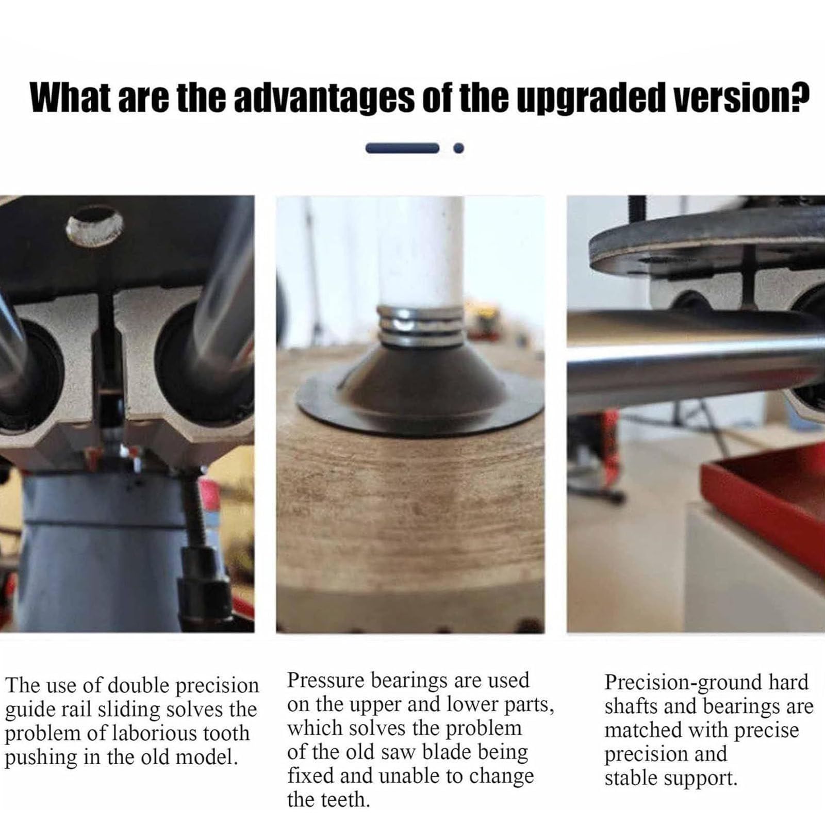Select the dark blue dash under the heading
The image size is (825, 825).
click(402, 148)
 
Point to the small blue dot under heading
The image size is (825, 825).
click(458, 148)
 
